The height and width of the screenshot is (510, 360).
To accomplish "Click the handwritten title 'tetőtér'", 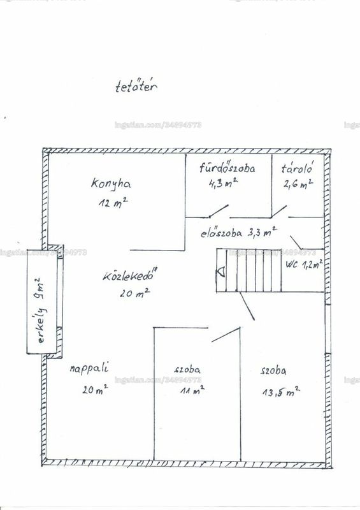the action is [x=136, y=87].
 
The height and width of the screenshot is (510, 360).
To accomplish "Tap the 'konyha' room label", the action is [x=112, y=183].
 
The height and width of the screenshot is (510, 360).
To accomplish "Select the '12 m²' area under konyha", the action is [x=113, y=203].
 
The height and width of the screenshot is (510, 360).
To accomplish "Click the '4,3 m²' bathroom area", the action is [x=223, y=183].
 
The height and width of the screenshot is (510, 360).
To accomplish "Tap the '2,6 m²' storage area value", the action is [x=298, y=184].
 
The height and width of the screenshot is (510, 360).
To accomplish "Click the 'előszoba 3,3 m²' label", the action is [x=238, y=233].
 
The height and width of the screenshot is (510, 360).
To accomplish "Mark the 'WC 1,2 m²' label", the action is [x=305, y=264].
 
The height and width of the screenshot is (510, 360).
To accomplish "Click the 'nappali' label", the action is [x=89, y=368].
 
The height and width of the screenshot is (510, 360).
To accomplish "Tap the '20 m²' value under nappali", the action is [x=95, y=389].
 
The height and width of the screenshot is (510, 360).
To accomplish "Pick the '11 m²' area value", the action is [x=192, y=390].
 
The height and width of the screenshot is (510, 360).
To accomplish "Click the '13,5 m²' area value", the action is [x=281, y=391].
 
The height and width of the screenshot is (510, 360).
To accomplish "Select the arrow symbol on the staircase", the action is [x=222, y=272].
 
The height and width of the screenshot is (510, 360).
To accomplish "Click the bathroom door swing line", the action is [x=218, y=211].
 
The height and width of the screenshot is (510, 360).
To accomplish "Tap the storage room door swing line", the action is [x=278, y=211].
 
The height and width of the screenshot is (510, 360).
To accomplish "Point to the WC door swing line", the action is [x=296, y=242].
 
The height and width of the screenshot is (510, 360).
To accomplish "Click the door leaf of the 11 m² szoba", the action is [x=226, y=334].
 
